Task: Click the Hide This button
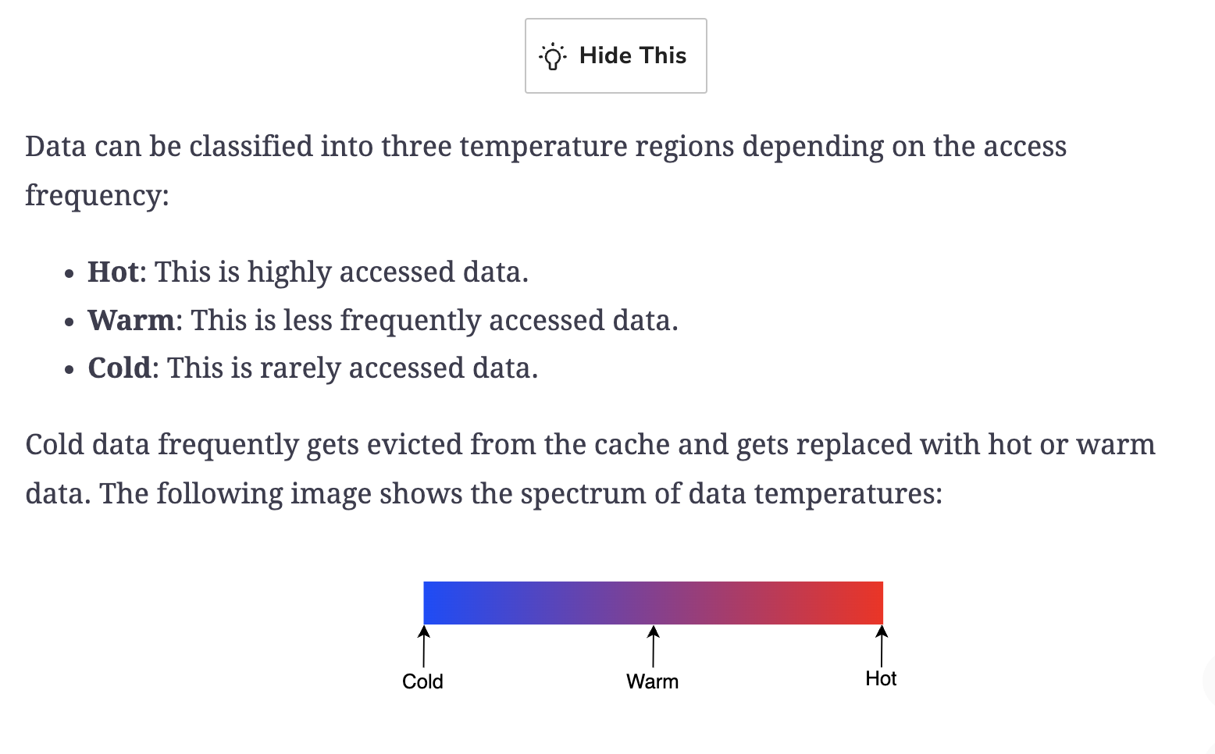(615, 56)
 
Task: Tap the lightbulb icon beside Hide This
(553, 56)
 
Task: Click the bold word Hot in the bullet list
(113, 272)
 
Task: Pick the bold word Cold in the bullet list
(119, 368)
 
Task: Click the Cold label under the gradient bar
(422, 681)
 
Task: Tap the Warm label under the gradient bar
(653, 681)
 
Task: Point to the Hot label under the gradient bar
(881, 678)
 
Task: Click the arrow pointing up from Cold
(424, 646)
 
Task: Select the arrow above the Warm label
(654, 646)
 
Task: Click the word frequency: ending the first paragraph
(97, 195)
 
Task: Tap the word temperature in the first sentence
(543, 147)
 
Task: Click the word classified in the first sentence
(251, 147)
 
